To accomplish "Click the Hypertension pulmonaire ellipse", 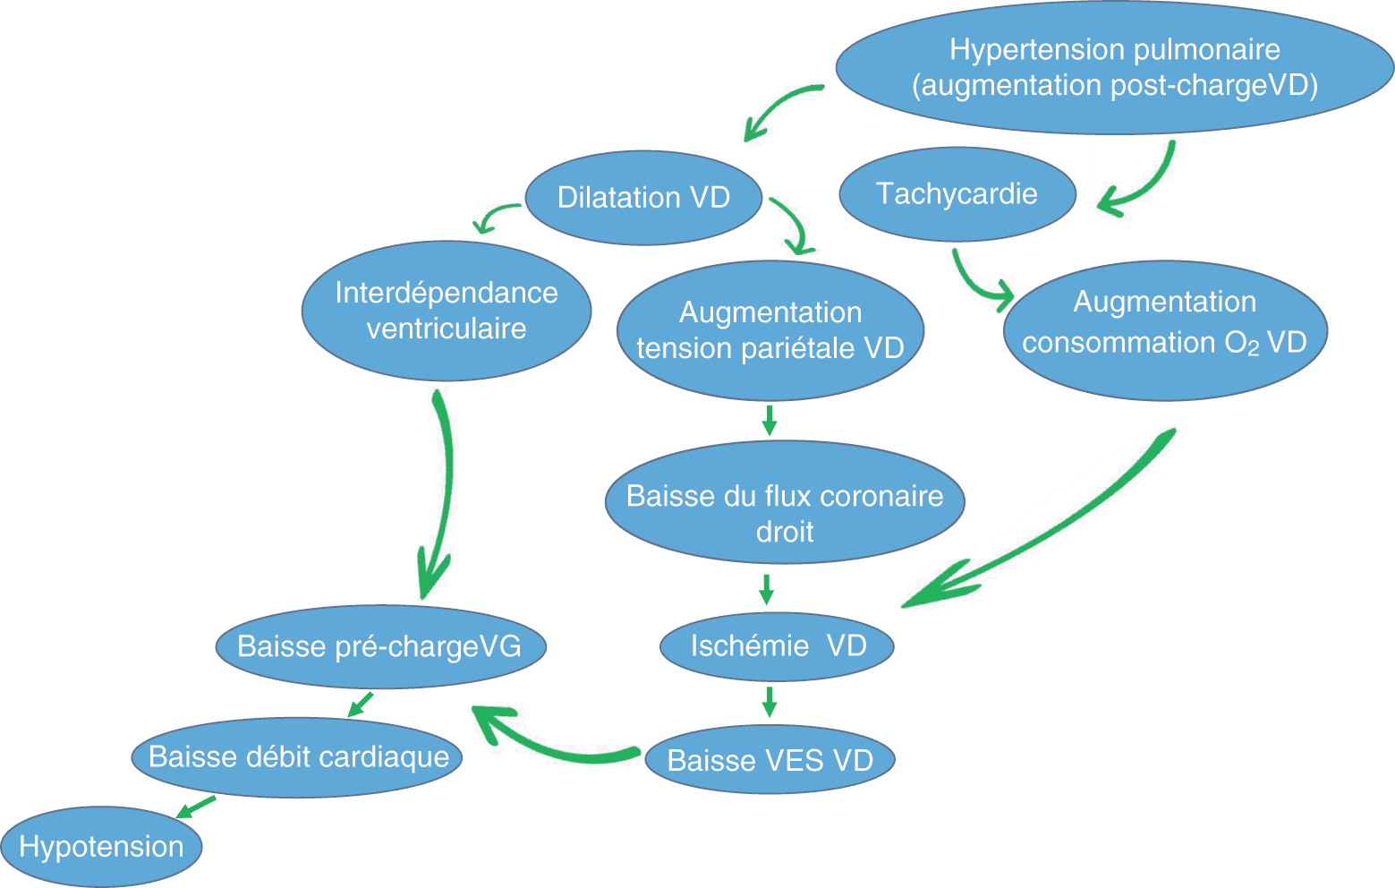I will coord(1114,67).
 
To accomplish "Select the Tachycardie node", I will coord(957,194).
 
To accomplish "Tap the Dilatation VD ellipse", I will coord(643,198).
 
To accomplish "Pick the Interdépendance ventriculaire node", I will coord(446,311).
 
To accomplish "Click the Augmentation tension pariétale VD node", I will coord(770,330).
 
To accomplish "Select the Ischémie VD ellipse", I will coord(777,646).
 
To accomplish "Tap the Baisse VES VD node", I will coord(770,760).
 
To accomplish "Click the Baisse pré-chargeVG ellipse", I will coord(379,646).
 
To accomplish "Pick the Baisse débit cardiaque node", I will coord(298,757).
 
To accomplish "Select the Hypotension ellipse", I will coord(101,847).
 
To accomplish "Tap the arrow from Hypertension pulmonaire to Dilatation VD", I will coord(781,111).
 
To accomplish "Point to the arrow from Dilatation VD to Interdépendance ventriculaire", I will coord(496,218).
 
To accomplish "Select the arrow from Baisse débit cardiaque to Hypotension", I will coord(196,806).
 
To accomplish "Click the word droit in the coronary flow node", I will coord(785,532).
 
